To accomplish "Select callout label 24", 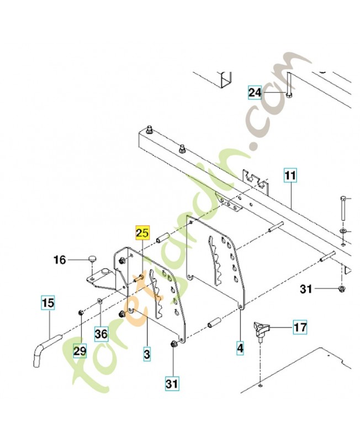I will (x=255, y=93).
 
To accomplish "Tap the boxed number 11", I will (x=290, y=176).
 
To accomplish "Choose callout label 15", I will (x=48, y=303).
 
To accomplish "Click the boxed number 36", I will (x=100, y=334).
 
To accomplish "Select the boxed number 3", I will (x=147, y=352).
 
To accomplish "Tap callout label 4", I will (x=240, y=348).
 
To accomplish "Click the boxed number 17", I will (x=300, y=328).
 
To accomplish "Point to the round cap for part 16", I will (x=92, y=258).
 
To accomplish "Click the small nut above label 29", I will (x=81, y=312).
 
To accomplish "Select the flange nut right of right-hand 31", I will (x=342, y=288).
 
